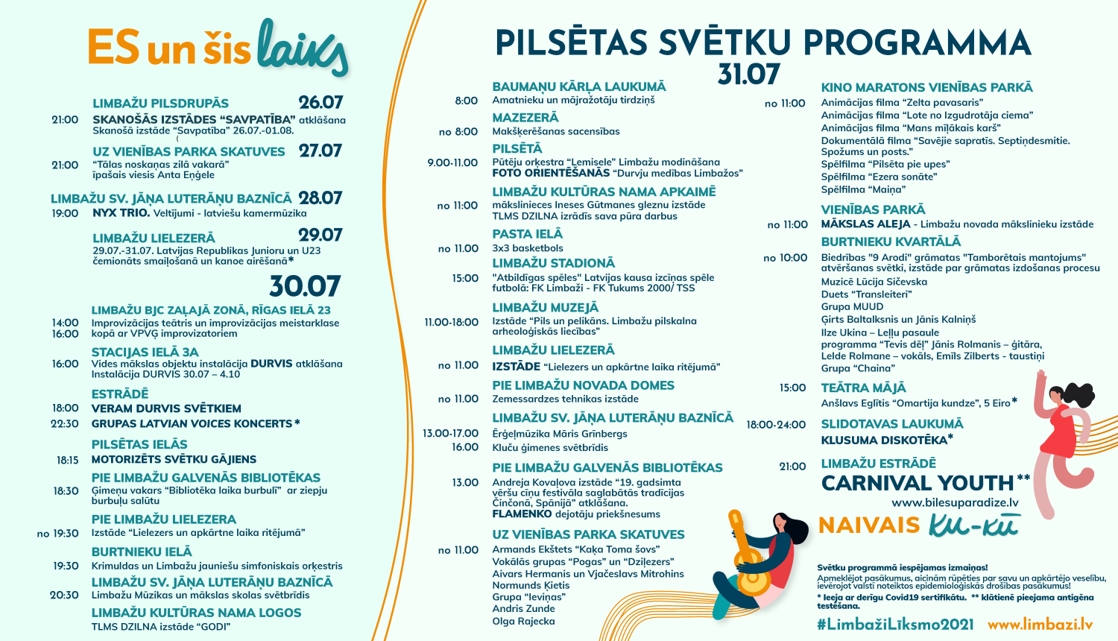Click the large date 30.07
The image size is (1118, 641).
click(304, 286)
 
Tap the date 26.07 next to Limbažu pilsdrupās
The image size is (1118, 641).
click(320, 103)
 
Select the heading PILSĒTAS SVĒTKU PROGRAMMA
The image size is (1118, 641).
click(762, 43)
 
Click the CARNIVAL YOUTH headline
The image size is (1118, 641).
click(918, 483)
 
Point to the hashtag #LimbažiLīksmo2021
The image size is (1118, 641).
click(895, 625)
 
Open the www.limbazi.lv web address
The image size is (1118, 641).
click(1040, 625)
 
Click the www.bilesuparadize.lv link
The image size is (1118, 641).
click(955, 503)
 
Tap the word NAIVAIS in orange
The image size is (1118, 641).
click(869, 525)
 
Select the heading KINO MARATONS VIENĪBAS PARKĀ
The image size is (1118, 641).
click(926, 88)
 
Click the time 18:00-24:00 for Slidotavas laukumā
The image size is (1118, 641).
click(776, 425)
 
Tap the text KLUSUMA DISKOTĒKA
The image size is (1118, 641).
click(884, 440)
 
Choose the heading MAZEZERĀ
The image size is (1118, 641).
click(525, 118)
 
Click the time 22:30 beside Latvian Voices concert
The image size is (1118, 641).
click(65, 423)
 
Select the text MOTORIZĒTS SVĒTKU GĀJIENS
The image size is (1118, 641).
click(174, 459)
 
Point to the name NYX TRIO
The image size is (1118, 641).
click(121, 213)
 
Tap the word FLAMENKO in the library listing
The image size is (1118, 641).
click(522, 514)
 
